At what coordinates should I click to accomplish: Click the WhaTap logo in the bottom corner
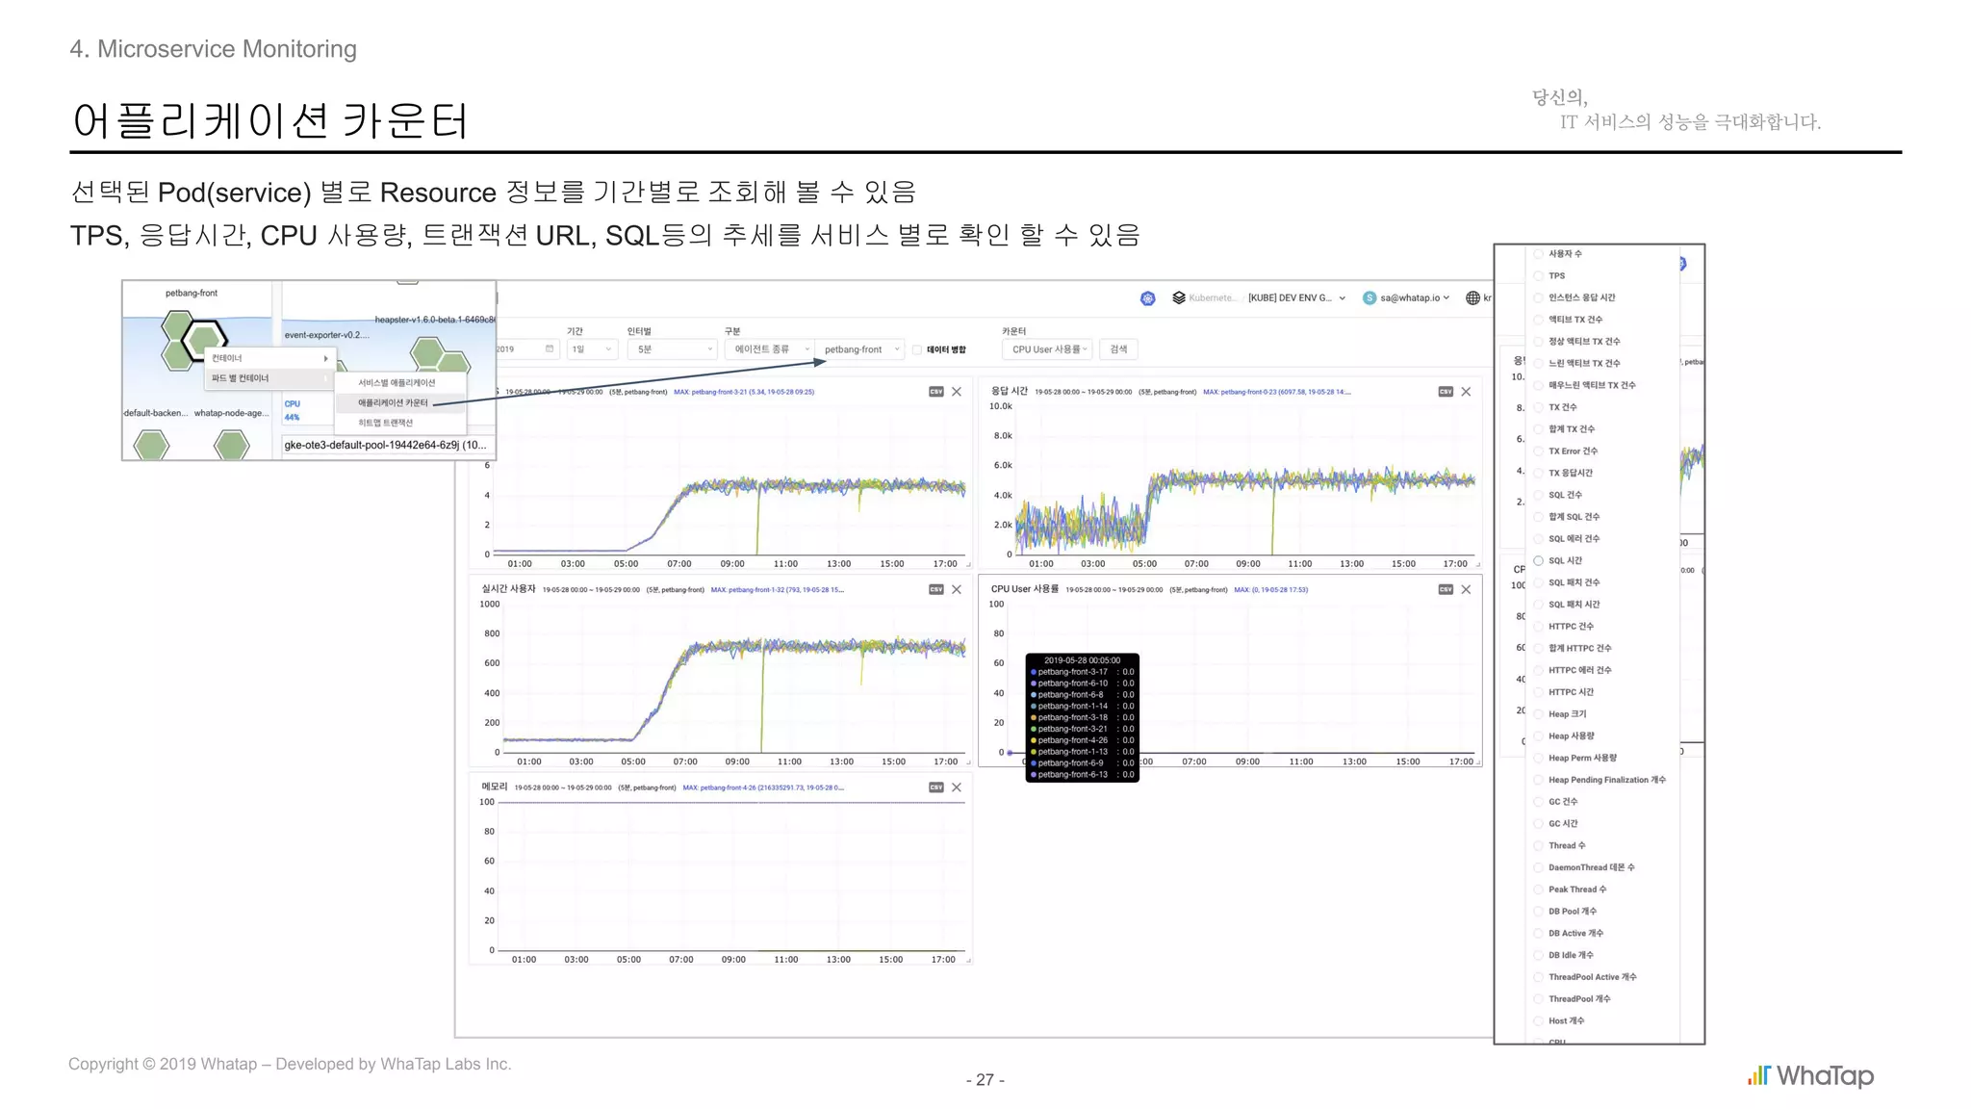1810,1075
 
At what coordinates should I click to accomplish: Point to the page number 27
985,1080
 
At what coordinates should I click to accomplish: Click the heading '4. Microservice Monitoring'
213,49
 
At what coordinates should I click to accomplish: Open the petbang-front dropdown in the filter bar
860,349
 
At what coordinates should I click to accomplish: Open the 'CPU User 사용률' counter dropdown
1048,349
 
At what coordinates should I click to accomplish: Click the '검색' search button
1118,349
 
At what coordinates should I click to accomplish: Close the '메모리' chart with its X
957,787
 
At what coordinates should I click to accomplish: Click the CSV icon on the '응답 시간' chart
1446,392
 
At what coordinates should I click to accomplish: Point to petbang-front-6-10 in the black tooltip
1072,683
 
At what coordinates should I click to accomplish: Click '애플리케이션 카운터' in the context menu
393,402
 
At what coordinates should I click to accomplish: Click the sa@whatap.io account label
1409,298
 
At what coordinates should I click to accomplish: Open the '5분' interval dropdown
674,349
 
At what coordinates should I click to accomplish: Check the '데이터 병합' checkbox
918,349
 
